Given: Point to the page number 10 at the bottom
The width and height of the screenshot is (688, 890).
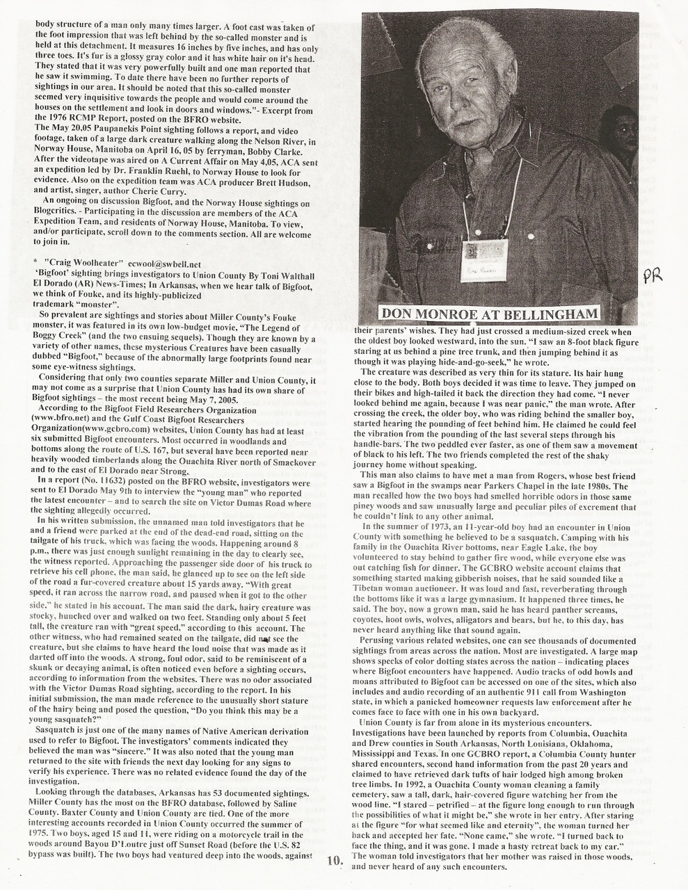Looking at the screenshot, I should coord(335,861).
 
